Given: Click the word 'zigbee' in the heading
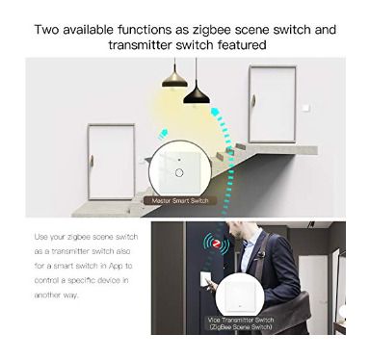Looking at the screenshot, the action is point(212,30).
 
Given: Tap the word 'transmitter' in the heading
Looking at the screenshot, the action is point(140,44).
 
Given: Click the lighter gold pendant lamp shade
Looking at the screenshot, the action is point(174,81).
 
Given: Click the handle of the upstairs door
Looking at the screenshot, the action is point(253,101).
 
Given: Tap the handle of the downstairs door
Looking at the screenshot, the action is point(92,162).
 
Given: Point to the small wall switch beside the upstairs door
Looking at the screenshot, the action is point(306,108).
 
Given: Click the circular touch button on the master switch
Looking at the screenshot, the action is point(179,172).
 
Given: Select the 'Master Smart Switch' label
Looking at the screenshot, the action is point(180,201).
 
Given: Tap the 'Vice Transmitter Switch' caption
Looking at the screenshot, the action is point(241,320).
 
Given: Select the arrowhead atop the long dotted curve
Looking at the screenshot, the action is point(216,113).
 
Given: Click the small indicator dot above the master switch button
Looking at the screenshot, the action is point(179,159).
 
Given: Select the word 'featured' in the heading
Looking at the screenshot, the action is point(242,44).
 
